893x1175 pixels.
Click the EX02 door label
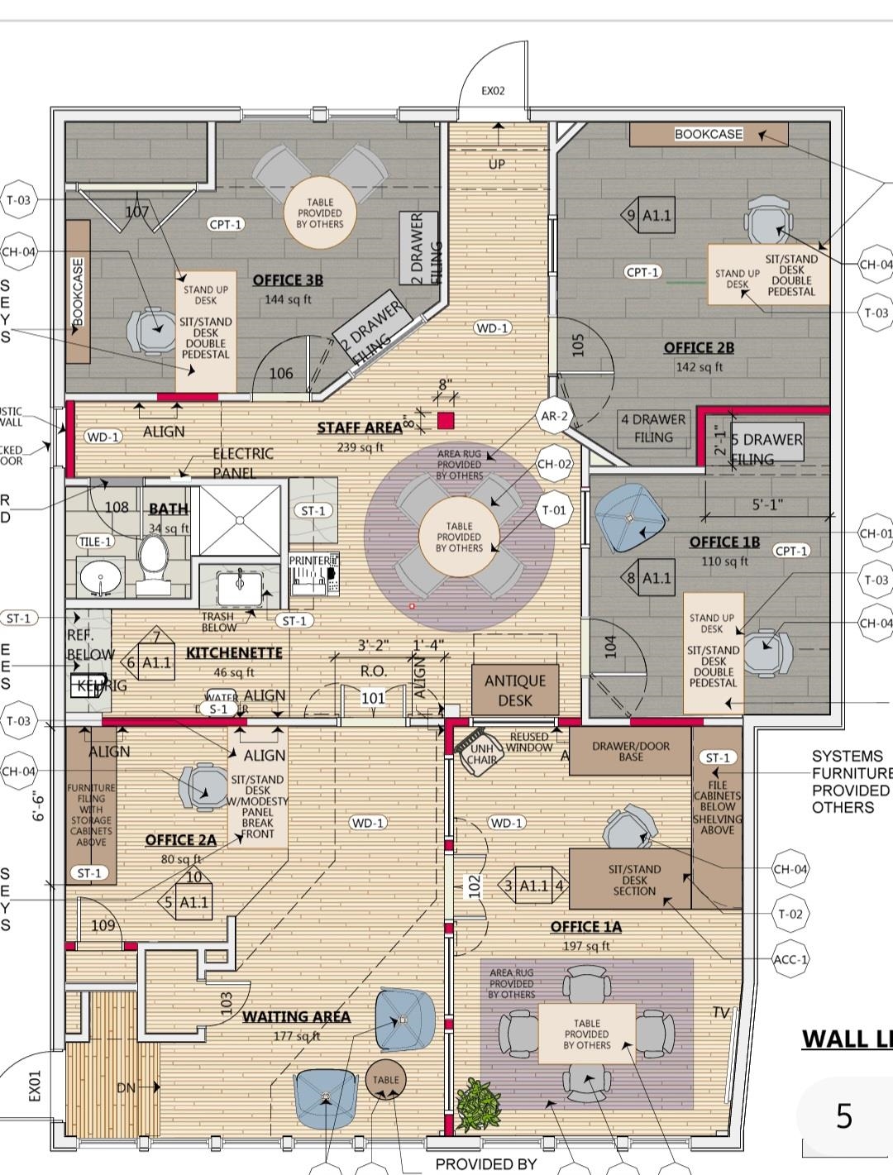(x=493, y=91)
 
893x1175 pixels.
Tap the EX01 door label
(x=35, y=1086)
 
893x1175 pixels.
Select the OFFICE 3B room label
(x=288, y=279)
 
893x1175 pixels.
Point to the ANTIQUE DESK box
(x=515, y=690)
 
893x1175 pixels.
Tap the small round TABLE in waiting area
(x=385, y=1080)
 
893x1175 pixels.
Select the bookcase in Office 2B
(x=709, y=134)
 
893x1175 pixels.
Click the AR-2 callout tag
(x=554, y=417)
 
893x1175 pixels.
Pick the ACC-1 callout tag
(x=790, y=959)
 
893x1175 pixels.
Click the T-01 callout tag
(x=554, y=510)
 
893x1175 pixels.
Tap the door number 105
(x=578, y=345)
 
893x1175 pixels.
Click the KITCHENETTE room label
(x=234, y=652)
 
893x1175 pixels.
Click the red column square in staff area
(x=446, y=420)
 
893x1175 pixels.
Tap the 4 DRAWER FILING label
(x=653, y=428)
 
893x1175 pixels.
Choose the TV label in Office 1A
(x=721, y=1013)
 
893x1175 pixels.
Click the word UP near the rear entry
(x=496, y=164)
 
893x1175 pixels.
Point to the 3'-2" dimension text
(x=373, y=645)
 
